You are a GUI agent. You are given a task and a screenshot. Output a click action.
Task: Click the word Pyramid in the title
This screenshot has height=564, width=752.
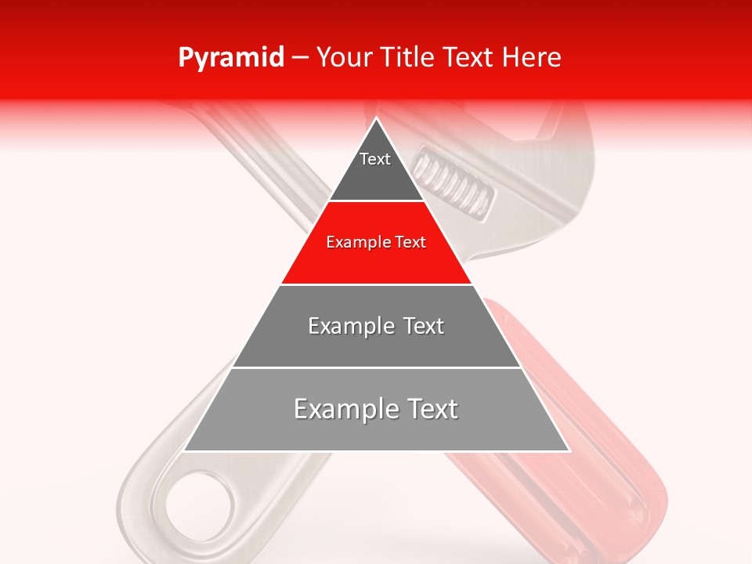click(x=230, y=58)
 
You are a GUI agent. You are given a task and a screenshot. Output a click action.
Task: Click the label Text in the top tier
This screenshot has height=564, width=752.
click(x=375, y=159)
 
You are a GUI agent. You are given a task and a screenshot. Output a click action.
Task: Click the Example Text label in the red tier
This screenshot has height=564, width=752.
click(x=376, y=242)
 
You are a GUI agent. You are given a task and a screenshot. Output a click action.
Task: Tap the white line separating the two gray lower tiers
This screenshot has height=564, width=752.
click(x=376, y=367)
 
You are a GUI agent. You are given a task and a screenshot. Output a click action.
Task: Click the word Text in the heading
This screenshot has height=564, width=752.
click(x=469, y=58)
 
